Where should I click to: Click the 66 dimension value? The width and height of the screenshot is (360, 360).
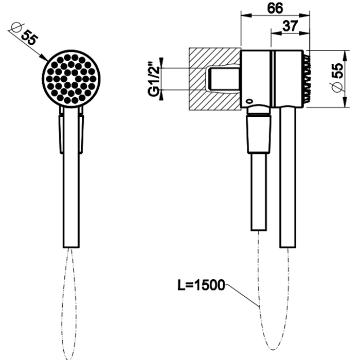point(275,8)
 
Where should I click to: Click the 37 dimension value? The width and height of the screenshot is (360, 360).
point(290,26)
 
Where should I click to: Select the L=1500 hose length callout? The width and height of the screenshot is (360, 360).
point(201,285)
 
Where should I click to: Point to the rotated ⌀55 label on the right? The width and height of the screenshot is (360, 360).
point(337,78)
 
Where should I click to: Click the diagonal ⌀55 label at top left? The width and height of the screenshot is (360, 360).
point(24,34)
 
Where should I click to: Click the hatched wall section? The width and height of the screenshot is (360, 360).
point(214,79)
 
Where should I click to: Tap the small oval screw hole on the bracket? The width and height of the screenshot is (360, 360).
point(249,101)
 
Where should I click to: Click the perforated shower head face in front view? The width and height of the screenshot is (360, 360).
point(71,79)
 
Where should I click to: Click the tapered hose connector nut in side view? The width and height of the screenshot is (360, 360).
point(259,134)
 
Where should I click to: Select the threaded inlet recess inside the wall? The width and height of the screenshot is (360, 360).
point(223,79)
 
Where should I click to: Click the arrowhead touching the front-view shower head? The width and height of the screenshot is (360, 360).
point(44,58)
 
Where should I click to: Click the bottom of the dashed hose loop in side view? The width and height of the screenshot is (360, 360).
point(273,349)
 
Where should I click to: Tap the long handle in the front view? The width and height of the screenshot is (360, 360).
point(71,177)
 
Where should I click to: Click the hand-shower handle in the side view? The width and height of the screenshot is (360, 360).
point(287,177)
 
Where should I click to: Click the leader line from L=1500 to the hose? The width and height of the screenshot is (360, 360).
point(242,296)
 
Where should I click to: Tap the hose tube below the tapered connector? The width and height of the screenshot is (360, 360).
point(259,191)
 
